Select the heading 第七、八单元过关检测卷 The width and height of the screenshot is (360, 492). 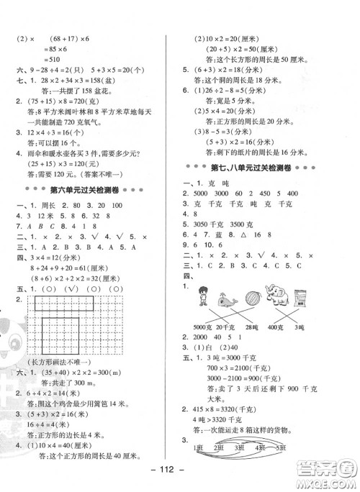click(x=264, y=167)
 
